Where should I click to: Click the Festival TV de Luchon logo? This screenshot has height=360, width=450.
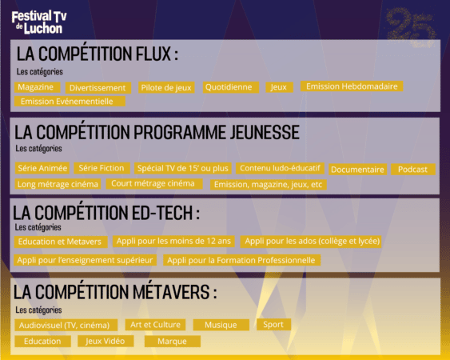(39, 22)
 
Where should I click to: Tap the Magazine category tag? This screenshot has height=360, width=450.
(38, 87)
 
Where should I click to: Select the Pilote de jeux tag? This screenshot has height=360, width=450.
(166, 88)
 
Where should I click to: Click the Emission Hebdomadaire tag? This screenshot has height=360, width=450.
(352, 86)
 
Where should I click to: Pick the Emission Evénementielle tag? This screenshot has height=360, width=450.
(70, 102)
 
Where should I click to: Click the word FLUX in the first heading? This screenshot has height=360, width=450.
(153, 54)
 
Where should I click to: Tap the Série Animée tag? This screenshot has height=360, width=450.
(42, 168)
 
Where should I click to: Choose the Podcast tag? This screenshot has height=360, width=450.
(413, 170)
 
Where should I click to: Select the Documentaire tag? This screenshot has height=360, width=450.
(357, 170)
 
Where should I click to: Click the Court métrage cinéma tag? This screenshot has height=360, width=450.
(154, 183)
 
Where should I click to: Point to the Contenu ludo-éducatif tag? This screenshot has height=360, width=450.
(280, 168)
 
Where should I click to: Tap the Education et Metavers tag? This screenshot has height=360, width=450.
(61, 242)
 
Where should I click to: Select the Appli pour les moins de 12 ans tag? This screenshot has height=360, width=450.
(173, 241)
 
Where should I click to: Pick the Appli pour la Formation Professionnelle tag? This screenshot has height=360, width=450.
(241, 260)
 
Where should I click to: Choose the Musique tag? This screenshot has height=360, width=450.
(221, 325)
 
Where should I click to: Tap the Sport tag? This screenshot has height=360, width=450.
(273, 324)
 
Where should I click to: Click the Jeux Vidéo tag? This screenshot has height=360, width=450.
(106, 341)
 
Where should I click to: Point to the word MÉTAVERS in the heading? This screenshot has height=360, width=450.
(171, 292)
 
